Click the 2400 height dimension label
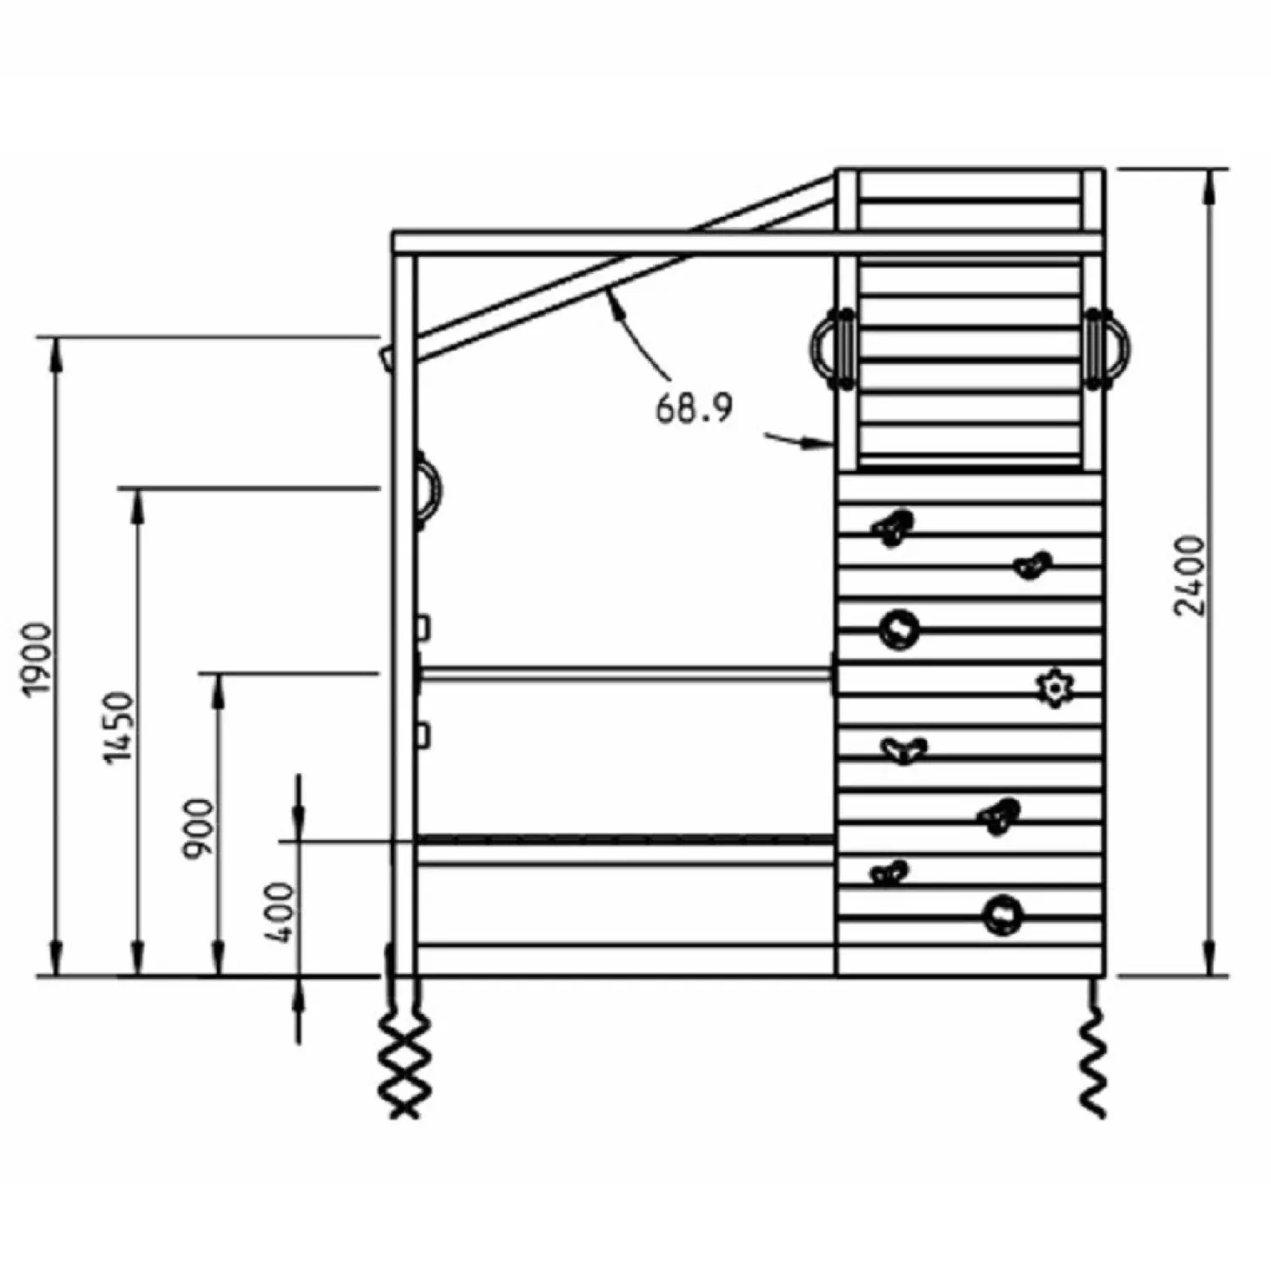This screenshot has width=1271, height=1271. click(x=1189, y=575)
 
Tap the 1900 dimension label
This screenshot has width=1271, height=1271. click(x=36, y=659)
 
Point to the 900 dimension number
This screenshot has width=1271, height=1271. click(x=198, y=828)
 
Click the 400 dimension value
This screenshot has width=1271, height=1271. click(x=277, y=913)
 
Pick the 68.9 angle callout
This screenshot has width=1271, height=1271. click(x=694, y=408)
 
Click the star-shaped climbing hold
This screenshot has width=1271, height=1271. click(x=1054, y=689)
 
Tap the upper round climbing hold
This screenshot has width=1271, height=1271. click(x=899, y=630)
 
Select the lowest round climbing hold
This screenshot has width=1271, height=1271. click(x=1003, y=916)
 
